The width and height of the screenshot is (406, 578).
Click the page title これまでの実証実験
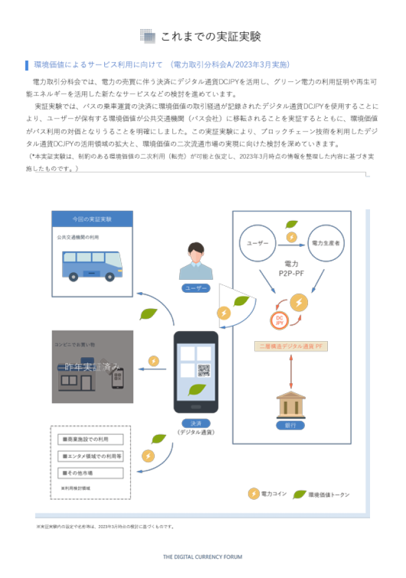(210, 37)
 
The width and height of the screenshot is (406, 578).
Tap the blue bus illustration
(92, 265)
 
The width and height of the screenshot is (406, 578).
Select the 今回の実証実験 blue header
(92, 220)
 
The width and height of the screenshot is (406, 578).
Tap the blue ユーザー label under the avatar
(196, 288)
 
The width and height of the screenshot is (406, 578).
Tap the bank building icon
(291, 404)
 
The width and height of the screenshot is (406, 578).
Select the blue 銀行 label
(291, 425)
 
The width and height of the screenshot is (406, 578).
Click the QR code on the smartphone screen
(205, 370)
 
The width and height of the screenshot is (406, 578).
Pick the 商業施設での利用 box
(90, 440)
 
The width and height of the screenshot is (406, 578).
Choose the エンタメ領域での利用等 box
(90, 456)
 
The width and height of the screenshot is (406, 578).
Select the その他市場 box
(90, 473)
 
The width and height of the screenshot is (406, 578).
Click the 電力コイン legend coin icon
(254, 494)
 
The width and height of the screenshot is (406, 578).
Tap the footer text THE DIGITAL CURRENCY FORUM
(203, 557)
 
